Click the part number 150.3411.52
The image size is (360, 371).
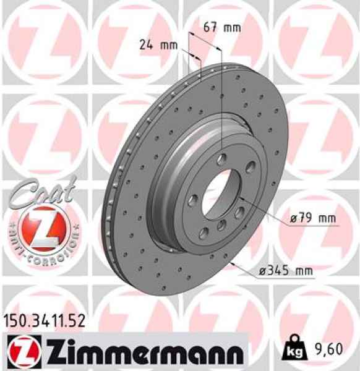point(45,320)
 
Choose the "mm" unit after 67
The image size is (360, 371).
point(232,27)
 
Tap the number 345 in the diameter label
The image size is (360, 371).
point(278,270)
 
